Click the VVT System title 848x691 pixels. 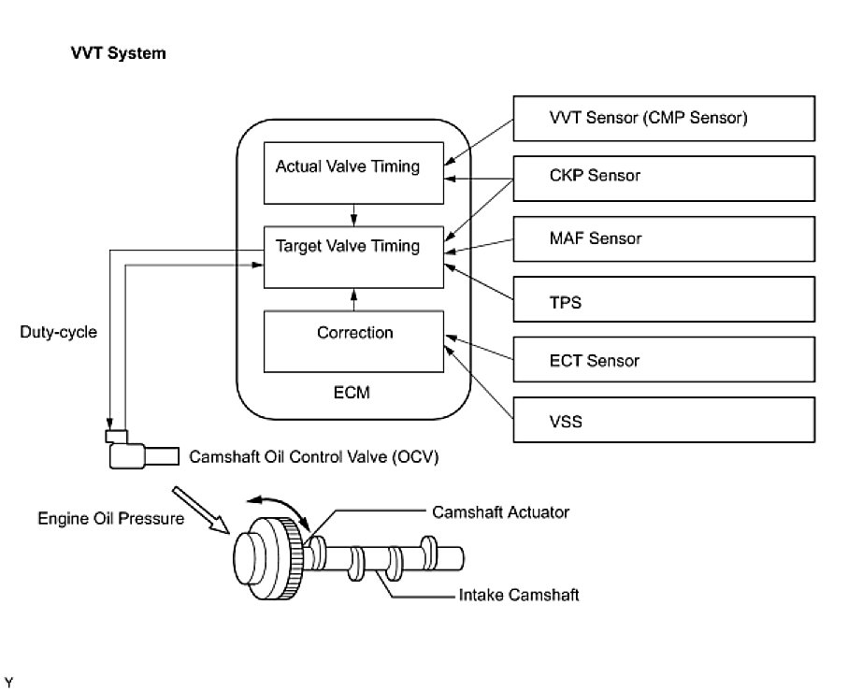tap(119, 53)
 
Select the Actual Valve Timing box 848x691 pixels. tap(353, 173)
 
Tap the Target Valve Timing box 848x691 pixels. tap(353, 257)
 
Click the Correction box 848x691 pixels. tap(353, 341)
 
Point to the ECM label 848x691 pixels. tap(352, 392)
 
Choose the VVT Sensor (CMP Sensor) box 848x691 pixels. tap(664, 119)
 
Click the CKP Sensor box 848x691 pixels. tap(664, 179)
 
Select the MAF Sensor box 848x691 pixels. tap(664, 239)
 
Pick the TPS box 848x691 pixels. tap(664, 299)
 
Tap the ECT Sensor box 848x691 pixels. tap(664, 360)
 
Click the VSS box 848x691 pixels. tap(664, 420)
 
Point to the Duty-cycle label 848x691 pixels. tap(58, 332)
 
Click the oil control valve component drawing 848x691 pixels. tap(142, 450)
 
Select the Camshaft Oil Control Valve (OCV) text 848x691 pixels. tap(313, 457)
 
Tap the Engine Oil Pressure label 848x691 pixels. tap(111, 519)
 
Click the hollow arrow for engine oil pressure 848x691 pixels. tap(201, 510)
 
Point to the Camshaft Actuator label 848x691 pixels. tap(501, 512)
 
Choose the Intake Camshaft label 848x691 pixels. tap(519, 595)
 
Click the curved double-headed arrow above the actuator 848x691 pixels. tap(279, 511)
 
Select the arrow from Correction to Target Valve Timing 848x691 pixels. tap(354, 299)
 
